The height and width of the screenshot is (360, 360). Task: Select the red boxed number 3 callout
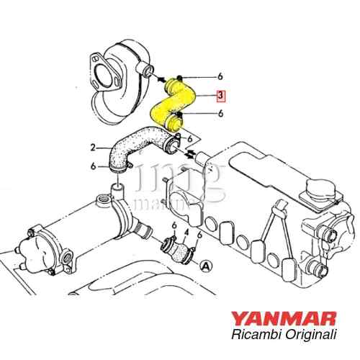tap(220, 96)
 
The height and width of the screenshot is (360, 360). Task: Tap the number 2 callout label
tap(93, 148)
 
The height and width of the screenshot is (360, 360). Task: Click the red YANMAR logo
tap(284, 318)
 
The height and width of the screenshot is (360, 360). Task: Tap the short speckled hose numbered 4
tap(178, 252)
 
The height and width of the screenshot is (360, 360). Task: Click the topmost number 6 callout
tap(220, 76)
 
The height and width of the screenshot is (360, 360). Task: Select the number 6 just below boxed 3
tap(220, 113)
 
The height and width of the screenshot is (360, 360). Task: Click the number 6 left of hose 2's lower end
tap(93, 166)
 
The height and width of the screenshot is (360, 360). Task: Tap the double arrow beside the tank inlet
tap(190, 153)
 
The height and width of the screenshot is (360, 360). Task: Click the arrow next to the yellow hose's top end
tap(161, 79)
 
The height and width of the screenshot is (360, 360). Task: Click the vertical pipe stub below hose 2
tap(117, 189)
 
